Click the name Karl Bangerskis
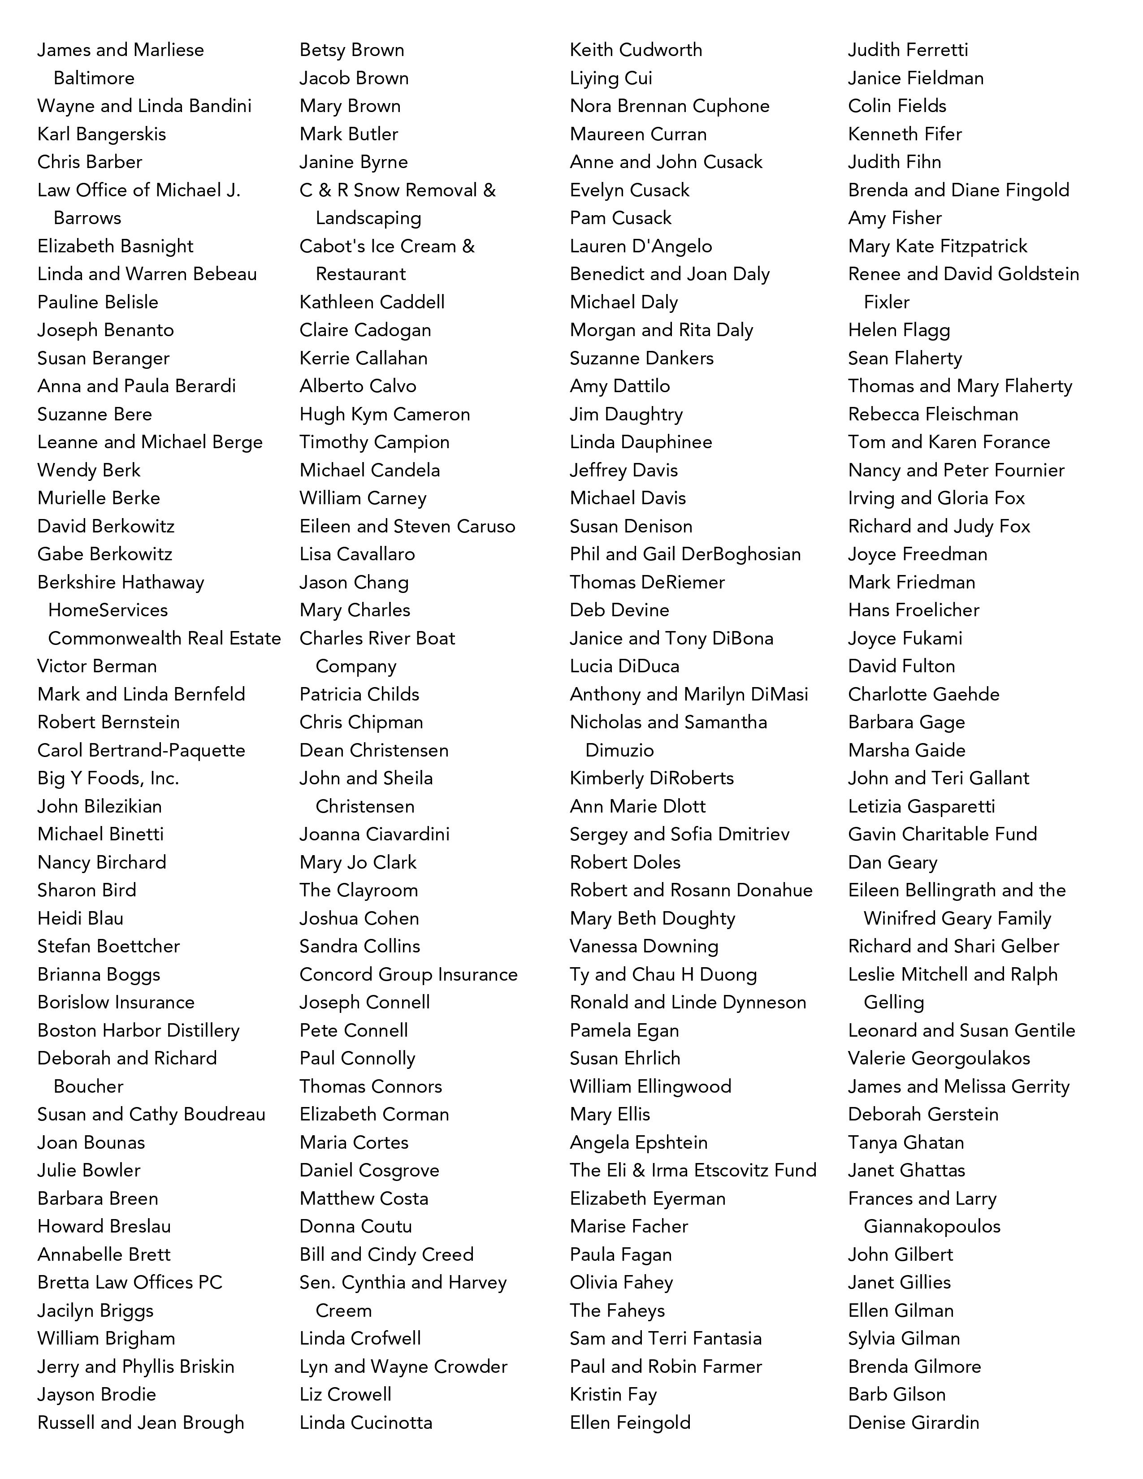point(102,134)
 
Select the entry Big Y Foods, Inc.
point(108,778)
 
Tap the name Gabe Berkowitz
point(105,554)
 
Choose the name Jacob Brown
point(354,78)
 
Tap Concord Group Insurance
point(408,974)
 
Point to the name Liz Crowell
point(345,1394)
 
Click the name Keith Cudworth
point(636,49)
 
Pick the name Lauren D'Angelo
point(641,246)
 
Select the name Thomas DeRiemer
point(647,582)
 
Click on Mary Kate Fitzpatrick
point(937,246)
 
